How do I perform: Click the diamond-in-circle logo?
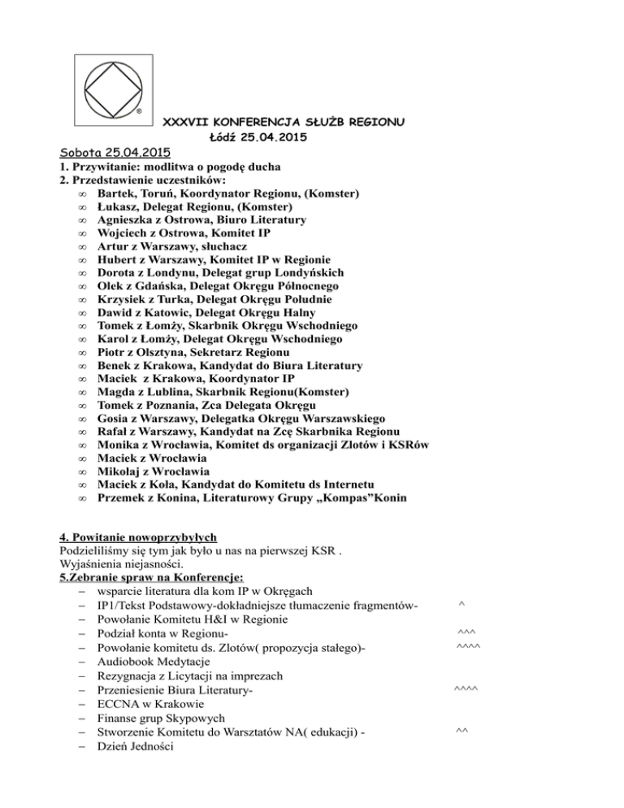(113, 94)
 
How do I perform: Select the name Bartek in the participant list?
(115, 193)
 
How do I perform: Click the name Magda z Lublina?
(147, 391)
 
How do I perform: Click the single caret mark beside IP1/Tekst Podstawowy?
(461, 603)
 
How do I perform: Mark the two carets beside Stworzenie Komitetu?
(461, 735)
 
